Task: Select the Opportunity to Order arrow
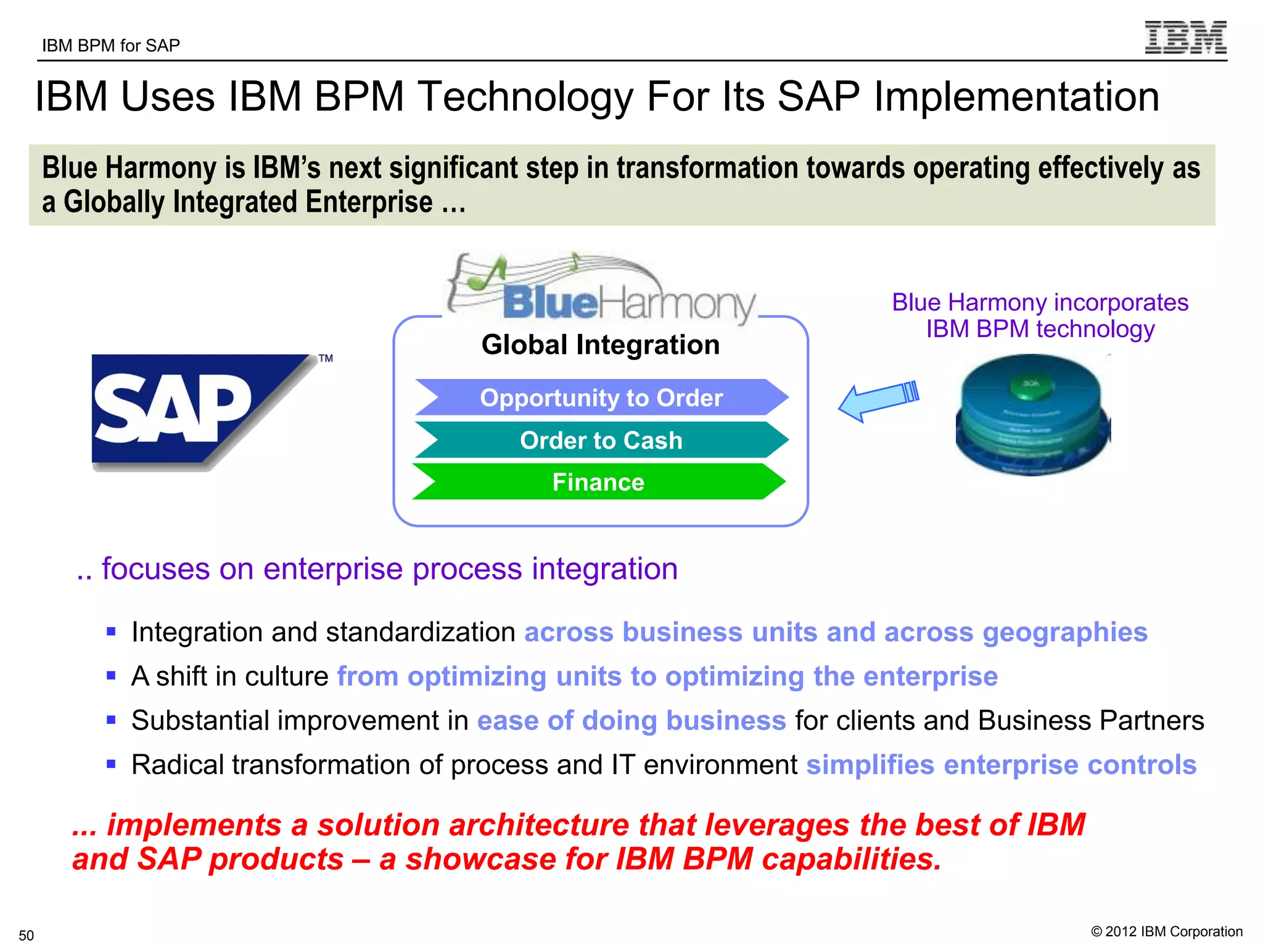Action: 601,397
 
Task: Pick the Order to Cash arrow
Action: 601,440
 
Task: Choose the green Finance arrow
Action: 598,482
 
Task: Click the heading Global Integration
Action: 601,344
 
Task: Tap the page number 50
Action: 27,935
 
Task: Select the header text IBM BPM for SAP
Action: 111,46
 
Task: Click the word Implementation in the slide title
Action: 1016,97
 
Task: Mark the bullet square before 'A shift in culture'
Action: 111,676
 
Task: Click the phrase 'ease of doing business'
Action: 631,721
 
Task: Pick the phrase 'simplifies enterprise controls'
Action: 1002,765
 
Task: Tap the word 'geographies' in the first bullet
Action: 1065,633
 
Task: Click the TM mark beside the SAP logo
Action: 326,359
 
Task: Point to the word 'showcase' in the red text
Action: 480,859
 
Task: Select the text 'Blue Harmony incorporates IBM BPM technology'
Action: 1040,315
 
